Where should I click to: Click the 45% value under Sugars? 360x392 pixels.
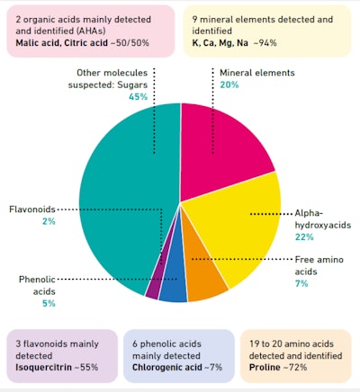(139, 96)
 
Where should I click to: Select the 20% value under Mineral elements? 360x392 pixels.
(229, 85)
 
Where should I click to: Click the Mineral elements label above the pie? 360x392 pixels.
(255, 71)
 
